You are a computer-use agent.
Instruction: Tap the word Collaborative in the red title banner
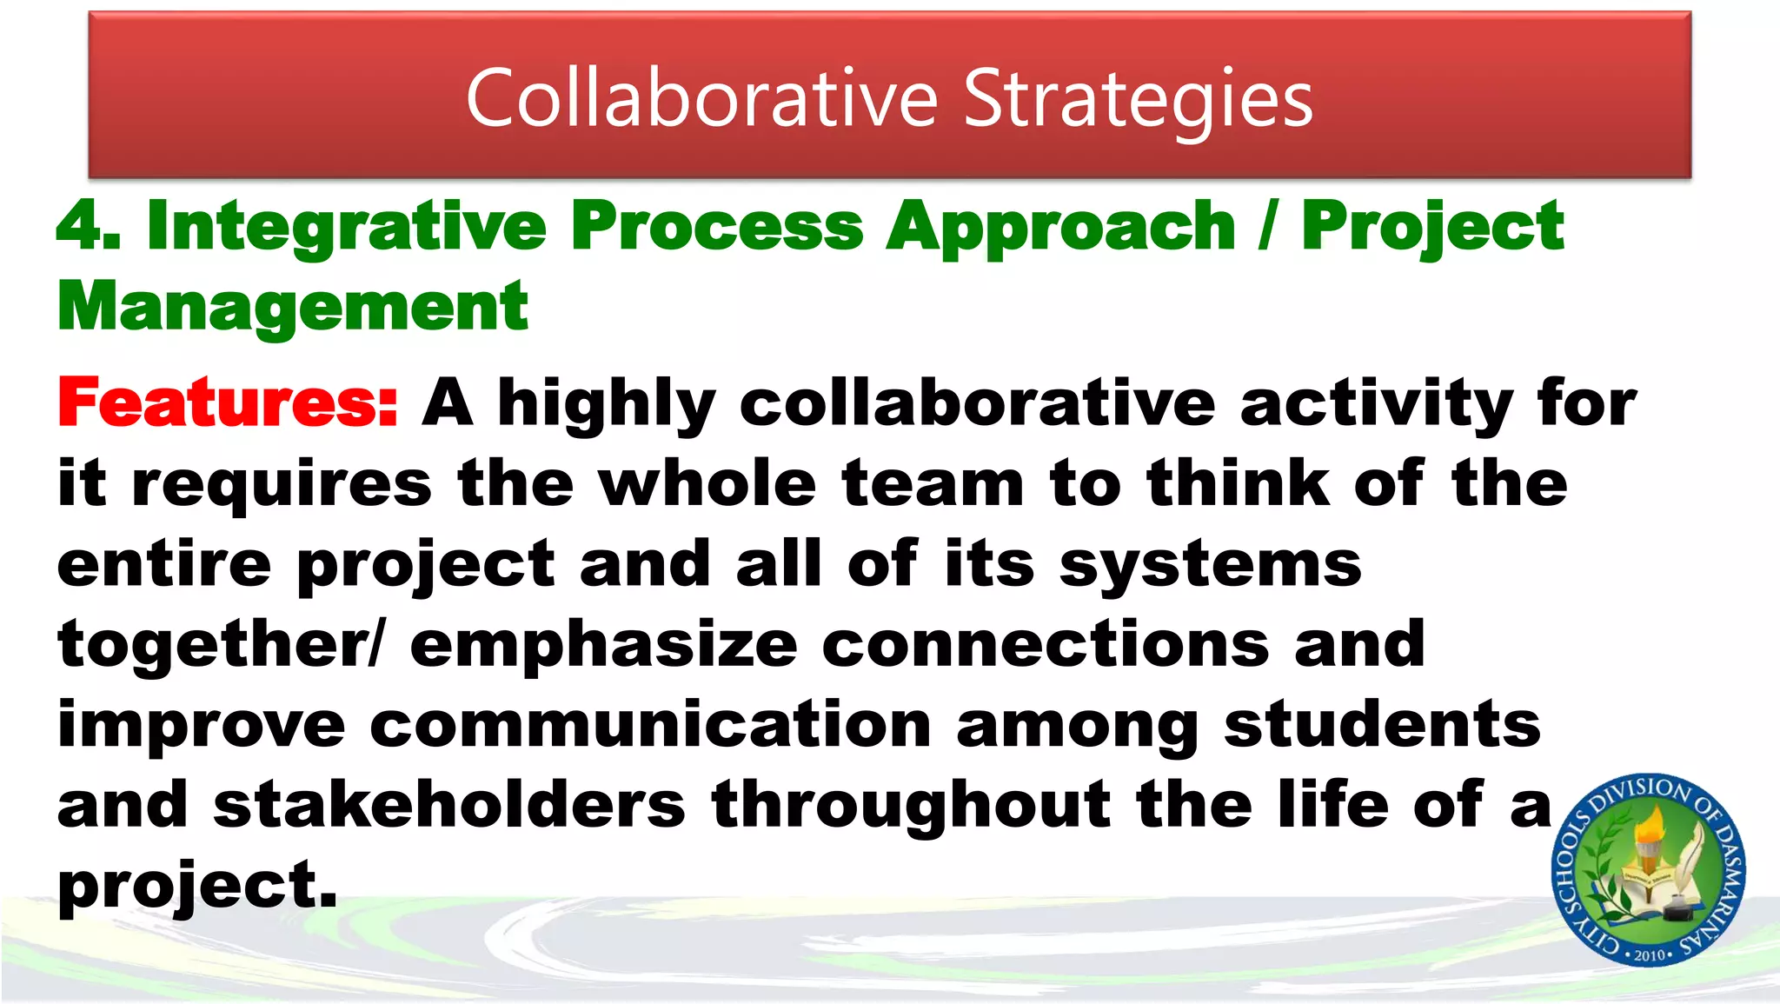tap(701, 98)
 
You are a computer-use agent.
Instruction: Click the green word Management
tap(293, 308)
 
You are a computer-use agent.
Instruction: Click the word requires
tap(282, 485)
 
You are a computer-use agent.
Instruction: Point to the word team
tap(933, 483)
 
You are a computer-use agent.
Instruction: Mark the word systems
tap(1210, 565)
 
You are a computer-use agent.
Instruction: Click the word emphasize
tap(603, 646)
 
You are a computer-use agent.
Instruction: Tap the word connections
tap(1046, 645)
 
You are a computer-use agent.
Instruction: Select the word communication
tap(651, 725)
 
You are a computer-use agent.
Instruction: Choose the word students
tap(1382, 725)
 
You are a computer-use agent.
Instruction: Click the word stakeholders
tap(449, 805)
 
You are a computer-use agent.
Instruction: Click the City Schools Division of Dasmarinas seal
tap(1649, 869)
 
